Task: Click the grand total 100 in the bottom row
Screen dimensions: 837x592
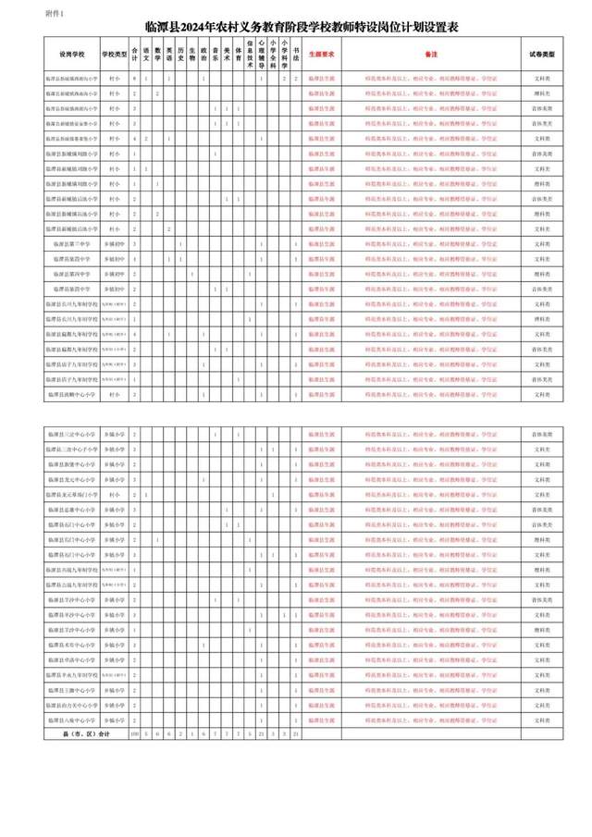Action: pyautogui.click(x=135, y=733)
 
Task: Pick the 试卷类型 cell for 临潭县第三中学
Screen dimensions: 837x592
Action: pyautogui.click(x=543, y=244)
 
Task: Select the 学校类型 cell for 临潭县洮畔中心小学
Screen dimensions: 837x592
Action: pyautogui.click(x=115, y=395)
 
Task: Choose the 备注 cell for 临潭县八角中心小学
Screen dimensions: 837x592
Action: pyautogui.click(x=432, y=719)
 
